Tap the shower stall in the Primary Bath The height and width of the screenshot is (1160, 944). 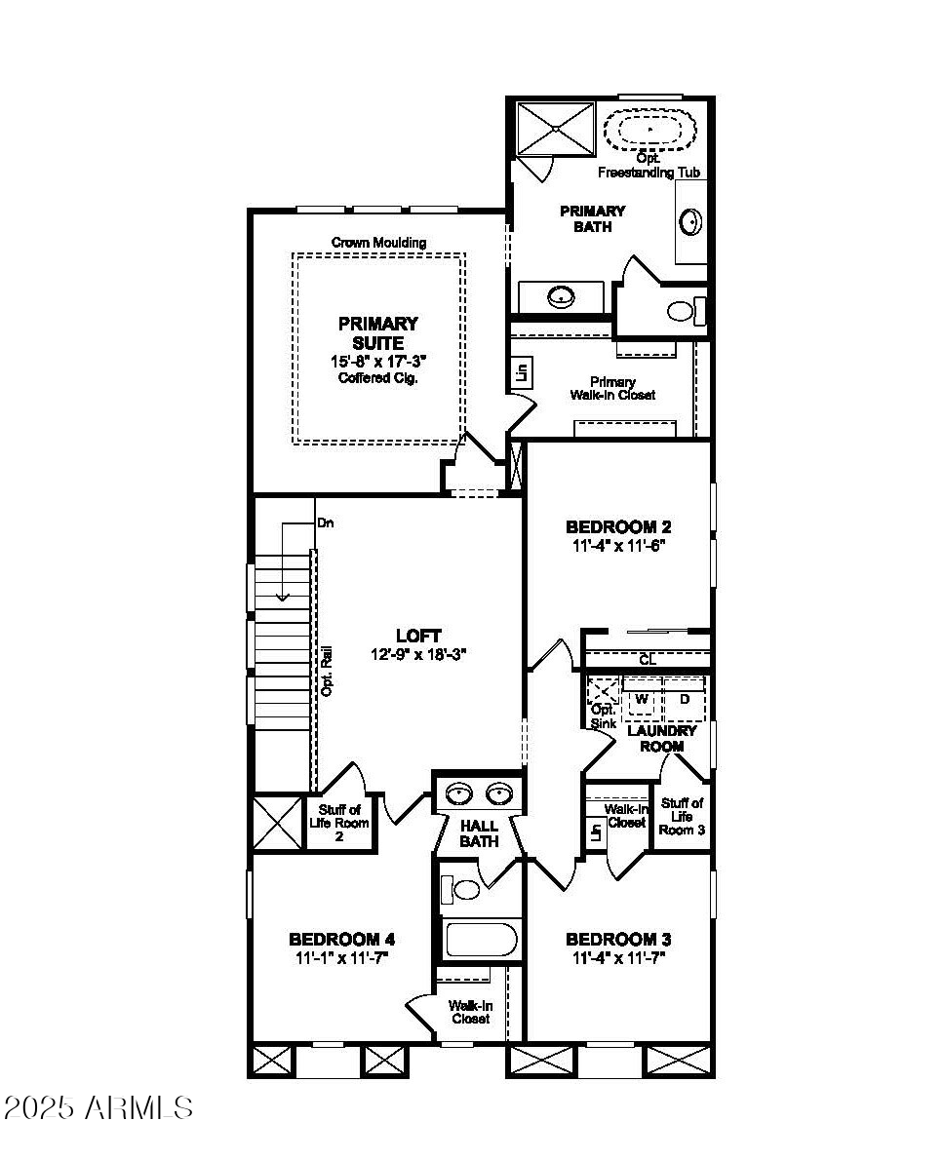point(555,128)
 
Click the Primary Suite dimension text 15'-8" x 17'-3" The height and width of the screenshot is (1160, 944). point(378,361)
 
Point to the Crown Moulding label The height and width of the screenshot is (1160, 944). point(378,242)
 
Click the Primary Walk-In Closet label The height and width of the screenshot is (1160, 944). point(612,388)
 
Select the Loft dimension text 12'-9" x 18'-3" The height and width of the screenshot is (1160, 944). point(419,655)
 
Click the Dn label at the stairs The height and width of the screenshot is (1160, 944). point(326,523)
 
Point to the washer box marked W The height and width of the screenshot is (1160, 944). point(642,699)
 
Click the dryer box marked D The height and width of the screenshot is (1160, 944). point(685,699)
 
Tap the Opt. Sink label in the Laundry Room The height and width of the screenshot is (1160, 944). point(604,715)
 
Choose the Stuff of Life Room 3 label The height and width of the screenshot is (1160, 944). point(682,816)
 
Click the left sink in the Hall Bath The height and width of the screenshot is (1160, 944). point(459,795)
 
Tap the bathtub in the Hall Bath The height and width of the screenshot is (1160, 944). point(481,942)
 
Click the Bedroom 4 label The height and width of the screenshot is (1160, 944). point(341,940)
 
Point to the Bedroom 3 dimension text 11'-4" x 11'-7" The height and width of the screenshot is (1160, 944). point(618,957)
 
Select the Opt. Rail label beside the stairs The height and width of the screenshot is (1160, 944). point(328,670)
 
